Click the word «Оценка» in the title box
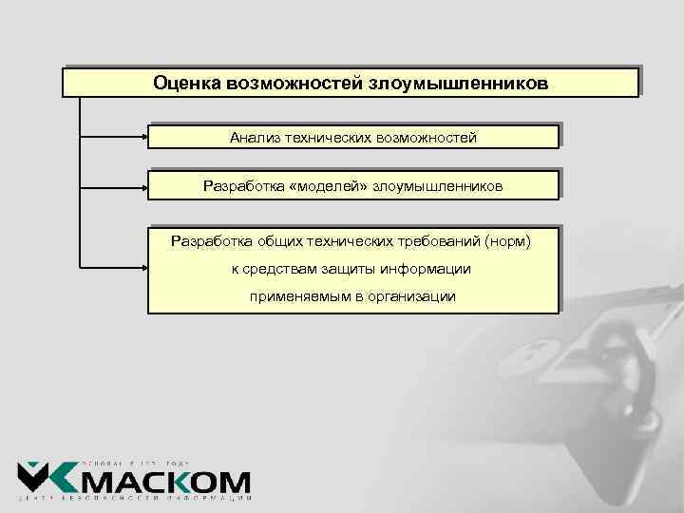[x=187, y=83]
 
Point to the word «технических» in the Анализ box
[x=331, y=138]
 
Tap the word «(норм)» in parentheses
[x=508, y=241]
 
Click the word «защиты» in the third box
[x=335, y=269]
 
